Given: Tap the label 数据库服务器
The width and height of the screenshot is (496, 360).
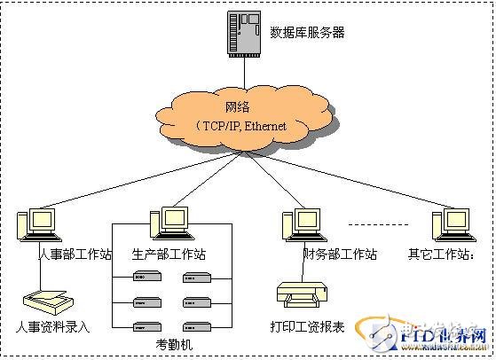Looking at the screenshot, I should [307, 33].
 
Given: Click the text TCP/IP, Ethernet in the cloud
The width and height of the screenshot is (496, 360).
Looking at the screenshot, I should [245, 127].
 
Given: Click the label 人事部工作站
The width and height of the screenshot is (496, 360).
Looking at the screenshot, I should [75, 254].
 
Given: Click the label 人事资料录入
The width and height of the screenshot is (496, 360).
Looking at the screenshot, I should [53, 326].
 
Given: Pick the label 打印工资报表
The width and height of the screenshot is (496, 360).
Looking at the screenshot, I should [307, 326].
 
